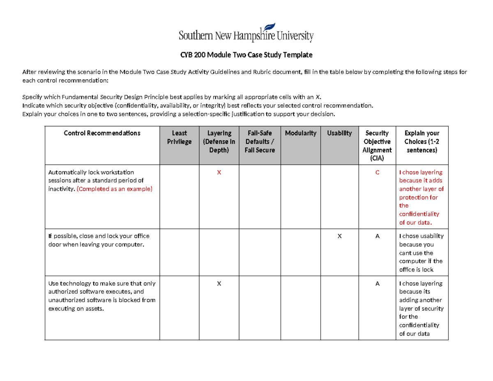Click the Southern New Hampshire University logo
(x=246, y=32)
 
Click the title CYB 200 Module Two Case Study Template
(x=246, y=55)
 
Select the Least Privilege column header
(x=179, y=137)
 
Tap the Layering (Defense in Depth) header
(x=219, y=141)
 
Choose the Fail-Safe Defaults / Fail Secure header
(x=260, y=141)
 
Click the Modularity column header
(x=301, y=133)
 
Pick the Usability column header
(x=339, y=133)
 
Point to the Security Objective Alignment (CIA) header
(x=377, y=145)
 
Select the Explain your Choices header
(x=422, y=141)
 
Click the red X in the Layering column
(x=219, y=173)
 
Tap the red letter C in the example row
(x=377, y=173)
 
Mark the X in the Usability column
(x=339, y=236)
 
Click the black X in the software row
(x=219, y=284)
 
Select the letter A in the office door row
(x=377, y=236)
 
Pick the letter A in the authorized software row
(x=377, y=284)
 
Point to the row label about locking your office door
(x=99, y=240)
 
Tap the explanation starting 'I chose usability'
(x=421, y=253)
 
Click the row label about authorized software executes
(x=101, y=296)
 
